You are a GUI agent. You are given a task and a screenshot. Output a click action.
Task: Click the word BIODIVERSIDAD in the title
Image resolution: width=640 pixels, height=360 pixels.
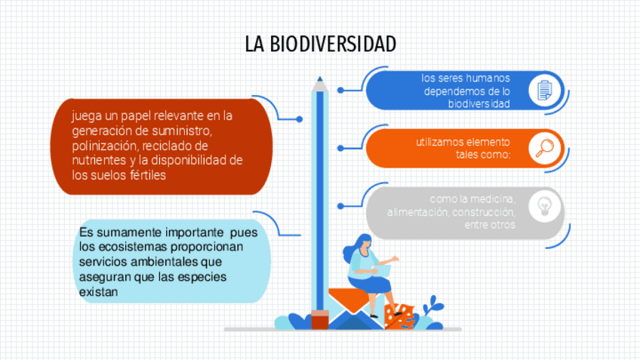pos(333,44)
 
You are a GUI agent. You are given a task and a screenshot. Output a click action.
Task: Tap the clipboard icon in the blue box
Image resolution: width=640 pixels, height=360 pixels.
pos(544,91)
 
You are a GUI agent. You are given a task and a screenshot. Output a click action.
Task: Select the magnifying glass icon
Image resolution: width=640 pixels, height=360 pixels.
pos(544,148)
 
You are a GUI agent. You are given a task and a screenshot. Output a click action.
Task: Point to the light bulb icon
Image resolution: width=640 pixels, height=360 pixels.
pos(544,206)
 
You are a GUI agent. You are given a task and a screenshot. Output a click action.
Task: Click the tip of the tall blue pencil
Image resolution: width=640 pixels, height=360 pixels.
pos(319,77)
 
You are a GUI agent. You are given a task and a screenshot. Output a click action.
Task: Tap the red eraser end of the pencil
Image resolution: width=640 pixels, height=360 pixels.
pos(320,319)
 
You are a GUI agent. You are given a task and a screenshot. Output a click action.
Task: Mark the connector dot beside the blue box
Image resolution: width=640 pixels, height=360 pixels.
pos(340,91)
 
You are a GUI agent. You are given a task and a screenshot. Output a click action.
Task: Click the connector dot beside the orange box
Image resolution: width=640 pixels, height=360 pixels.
pos(340,148)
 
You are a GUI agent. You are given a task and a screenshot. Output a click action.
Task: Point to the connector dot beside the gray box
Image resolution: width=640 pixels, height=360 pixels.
pos(340,206)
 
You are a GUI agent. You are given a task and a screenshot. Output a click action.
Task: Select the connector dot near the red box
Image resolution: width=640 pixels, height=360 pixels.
pos(300,119)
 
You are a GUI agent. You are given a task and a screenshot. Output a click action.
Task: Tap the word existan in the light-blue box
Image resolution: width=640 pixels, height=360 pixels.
pos(98,292)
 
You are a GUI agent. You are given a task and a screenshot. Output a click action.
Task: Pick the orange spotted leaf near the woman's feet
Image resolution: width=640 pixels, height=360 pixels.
pos(400,317)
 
